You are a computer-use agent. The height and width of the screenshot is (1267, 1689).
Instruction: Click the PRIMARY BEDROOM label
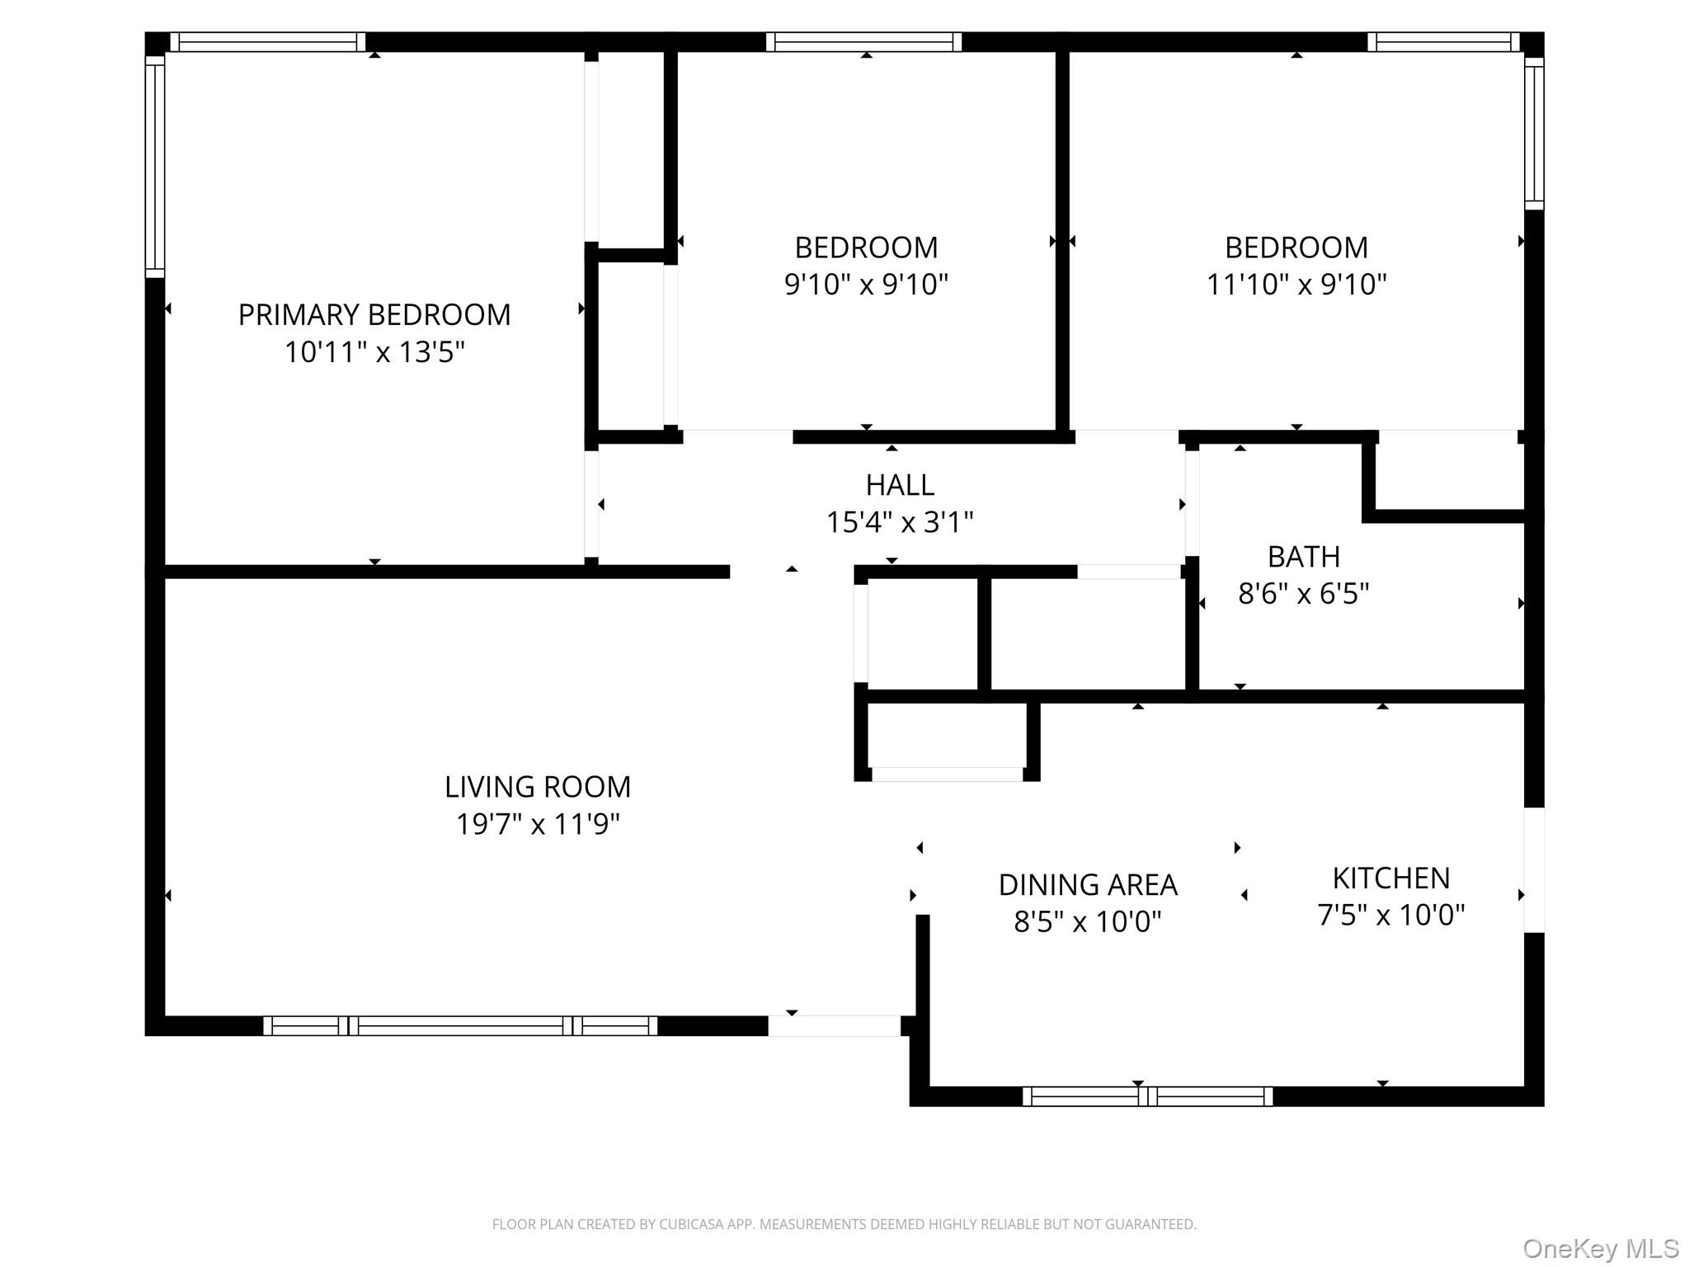(374, 315)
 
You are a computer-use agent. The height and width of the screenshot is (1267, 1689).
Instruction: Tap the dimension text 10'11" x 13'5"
(374, 353)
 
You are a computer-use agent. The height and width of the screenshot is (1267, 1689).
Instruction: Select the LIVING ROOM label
(538, 787)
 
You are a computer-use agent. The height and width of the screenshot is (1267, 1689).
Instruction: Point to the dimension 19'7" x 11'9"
(538, 824)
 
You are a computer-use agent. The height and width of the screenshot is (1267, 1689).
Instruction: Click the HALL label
(900, 485)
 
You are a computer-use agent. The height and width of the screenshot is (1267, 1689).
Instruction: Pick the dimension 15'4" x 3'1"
(900, 522)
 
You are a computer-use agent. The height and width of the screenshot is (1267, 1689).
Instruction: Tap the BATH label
(1303, 557)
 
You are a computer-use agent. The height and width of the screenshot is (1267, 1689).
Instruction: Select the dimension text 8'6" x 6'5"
(1303, 594)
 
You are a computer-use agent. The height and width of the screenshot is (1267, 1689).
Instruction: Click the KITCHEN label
(1390, 878)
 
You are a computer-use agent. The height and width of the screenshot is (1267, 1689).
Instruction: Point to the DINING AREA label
(1087, 885)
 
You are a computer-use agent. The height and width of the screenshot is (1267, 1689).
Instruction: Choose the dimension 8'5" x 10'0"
(1087, 921)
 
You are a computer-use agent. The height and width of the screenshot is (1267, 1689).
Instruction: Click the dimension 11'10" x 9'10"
(1296, 285)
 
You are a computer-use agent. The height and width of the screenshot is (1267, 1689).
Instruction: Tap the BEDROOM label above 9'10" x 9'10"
(866, 247)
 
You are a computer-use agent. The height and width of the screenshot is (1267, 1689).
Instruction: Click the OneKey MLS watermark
(1600, 1249)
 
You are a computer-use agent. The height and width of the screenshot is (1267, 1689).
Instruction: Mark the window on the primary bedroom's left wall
(154, 165)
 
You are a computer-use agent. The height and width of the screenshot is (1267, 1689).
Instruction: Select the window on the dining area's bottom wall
(1147, 1096)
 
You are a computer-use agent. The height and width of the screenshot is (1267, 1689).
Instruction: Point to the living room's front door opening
(834, 1025)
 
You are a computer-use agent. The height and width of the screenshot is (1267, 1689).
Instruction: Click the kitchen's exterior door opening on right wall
(1533, 870)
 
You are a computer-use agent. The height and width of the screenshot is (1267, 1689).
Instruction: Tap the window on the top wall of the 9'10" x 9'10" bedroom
(863, 42)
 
